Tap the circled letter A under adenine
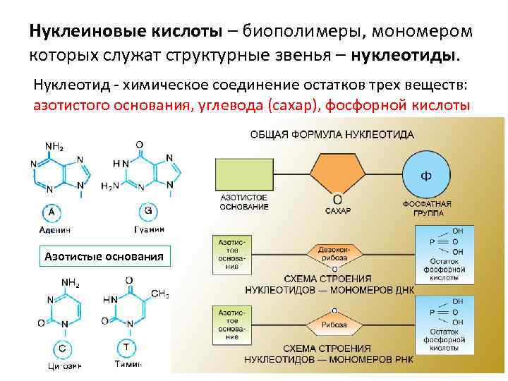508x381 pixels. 52,211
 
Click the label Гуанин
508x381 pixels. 150,229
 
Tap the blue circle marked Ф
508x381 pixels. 427,174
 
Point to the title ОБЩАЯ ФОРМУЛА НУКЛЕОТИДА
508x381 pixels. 332,134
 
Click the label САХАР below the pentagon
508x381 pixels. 338,210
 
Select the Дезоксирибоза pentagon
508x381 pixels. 334,253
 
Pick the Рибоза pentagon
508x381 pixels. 334,324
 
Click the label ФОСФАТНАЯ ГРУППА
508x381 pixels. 428,207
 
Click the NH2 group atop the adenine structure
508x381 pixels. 54,147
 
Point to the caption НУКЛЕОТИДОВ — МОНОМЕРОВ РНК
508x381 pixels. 329,360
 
